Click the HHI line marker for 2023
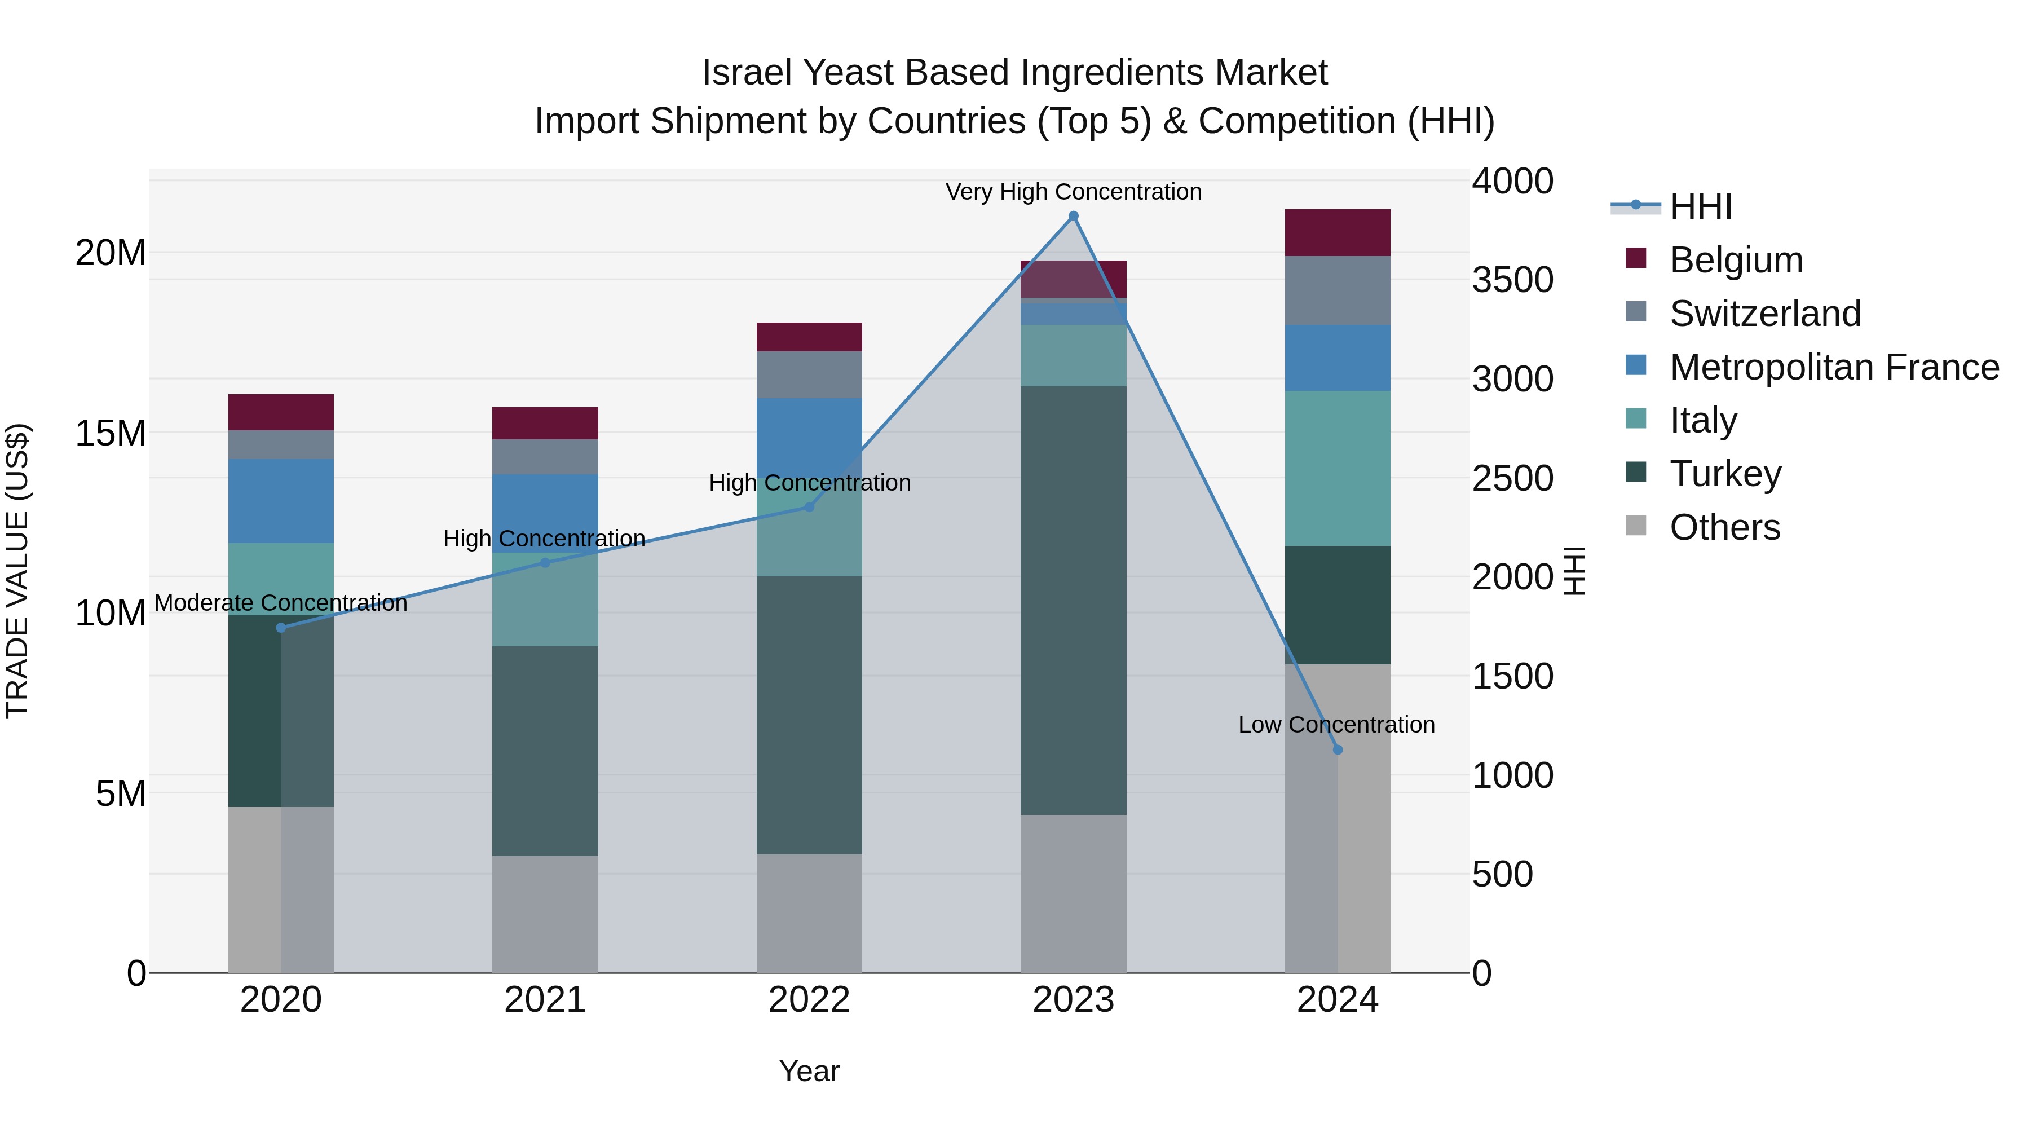1073,216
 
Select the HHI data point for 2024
1338,749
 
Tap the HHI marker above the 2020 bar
281,627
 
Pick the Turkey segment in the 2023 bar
1073,599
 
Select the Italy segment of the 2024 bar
1338,468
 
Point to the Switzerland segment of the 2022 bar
809,374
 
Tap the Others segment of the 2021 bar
545,914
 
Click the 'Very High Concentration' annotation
1073,192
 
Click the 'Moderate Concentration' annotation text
281,603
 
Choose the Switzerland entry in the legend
1764,314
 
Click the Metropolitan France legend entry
1834,367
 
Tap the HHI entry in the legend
1701,206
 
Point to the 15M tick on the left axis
111,433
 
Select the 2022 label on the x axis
809,1000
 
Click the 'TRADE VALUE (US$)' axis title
17,571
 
